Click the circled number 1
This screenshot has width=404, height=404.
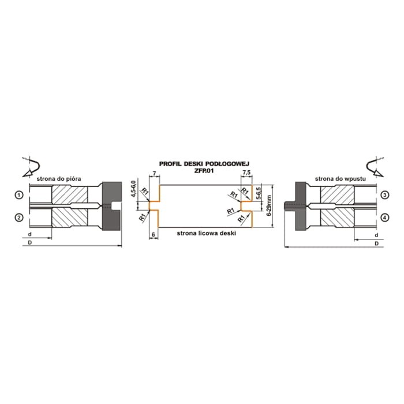[19, 195]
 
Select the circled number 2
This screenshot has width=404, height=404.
[19, 218]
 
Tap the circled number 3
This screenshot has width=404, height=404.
[385, 195]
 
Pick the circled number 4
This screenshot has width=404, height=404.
[385, 218]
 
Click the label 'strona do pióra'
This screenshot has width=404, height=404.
[59, 178]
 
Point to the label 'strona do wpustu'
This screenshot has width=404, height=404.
[341, 178]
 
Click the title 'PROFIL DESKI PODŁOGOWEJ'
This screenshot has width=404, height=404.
[204, 164]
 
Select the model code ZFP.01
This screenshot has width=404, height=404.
[204, 171]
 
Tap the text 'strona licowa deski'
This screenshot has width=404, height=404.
[207, 233]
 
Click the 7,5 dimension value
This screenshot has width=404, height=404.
[246, 173]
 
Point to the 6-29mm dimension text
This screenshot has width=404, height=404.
[270, 205]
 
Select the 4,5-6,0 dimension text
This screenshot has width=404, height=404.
[133, 189]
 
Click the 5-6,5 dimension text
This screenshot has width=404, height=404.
[259, 193]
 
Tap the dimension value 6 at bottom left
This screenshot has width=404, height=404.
[154, 234]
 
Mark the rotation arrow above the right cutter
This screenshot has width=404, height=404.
[375, 167]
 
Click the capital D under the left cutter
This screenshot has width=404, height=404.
[29, 242]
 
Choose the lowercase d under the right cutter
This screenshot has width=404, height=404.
[376, 235]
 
